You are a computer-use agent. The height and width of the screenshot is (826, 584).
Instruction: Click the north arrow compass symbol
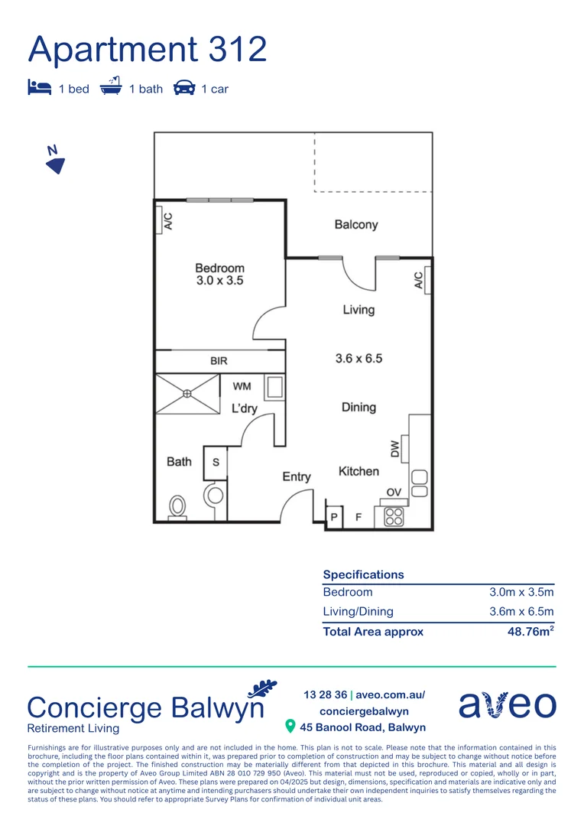[56, 164]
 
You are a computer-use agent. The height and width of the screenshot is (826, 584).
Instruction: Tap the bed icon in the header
[39, 88]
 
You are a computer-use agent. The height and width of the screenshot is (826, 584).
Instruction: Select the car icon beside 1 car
[183, 88]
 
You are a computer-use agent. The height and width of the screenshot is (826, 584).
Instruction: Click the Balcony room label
[356, 225]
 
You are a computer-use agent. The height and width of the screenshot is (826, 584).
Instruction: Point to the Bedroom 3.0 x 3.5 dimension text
[219, 281]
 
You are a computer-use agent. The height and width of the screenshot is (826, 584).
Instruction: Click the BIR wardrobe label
[219, 361]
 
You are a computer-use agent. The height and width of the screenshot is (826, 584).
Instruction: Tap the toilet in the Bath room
[178, 506]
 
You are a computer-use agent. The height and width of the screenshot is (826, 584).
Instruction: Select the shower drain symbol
[187, 394]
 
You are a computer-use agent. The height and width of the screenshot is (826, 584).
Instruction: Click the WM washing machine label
[242, 387]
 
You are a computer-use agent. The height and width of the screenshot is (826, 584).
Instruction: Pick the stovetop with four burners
[394, 516]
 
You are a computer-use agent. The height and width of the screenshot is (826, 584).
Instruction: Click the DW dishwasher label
[395, 449]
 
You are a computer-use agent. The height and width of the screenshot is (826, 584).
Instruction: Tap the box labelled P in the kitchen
[334, 517]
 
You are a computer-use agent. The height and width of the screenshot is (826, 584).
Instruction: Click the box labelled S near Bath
[216, 463]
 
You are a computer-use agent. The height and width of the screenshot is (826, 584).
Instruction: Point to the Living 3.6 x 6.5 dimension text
[359, 357]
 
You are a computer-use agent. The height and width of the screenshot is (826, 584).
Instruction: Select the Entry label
[297, 477]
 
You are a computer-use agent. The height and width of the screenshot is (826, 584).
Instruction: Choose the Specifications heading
[363, 574]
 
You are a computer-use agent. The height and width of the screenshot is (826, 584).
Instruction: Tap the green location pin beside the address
[290, 726]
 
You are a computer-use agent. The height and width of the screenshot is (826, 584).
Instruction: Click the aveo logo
[507, 704]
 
